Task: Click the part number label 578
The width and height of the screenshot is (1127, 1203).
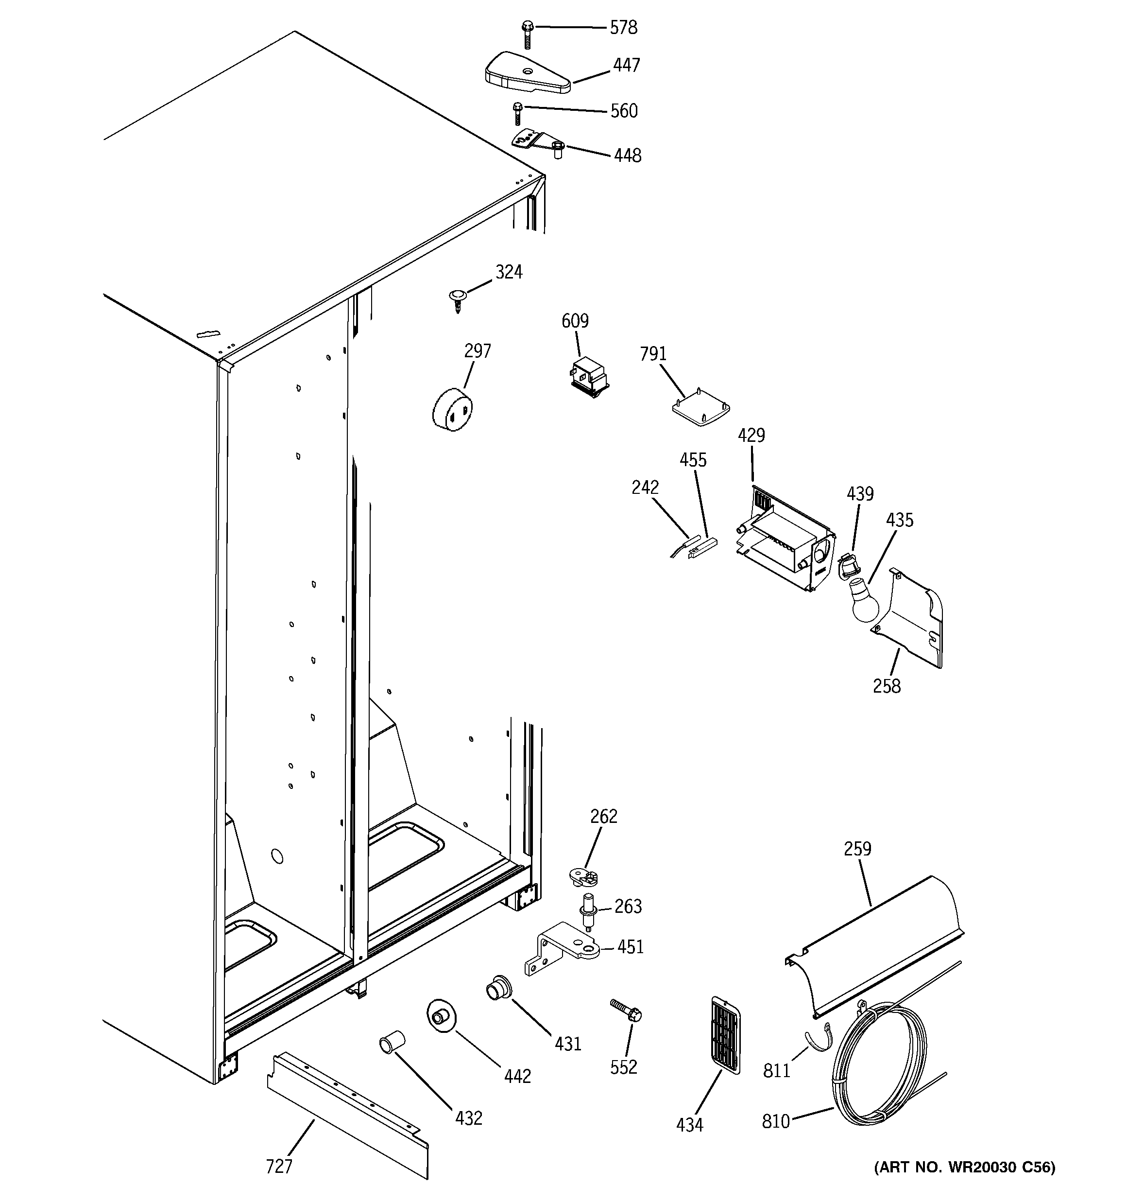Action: click(x=623, y=28)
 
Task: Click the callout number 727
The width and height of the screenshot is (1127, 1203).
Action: click(x=279, y=1166)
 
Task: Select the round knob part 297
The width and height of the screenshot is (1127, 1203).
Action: click(x=452, y=410)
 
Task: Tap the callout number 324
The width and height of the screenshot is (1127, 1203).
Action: click(x=509, y=272)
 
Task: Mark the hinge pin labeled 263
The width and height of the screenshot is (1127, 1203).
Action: click(x=587, y=910)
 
